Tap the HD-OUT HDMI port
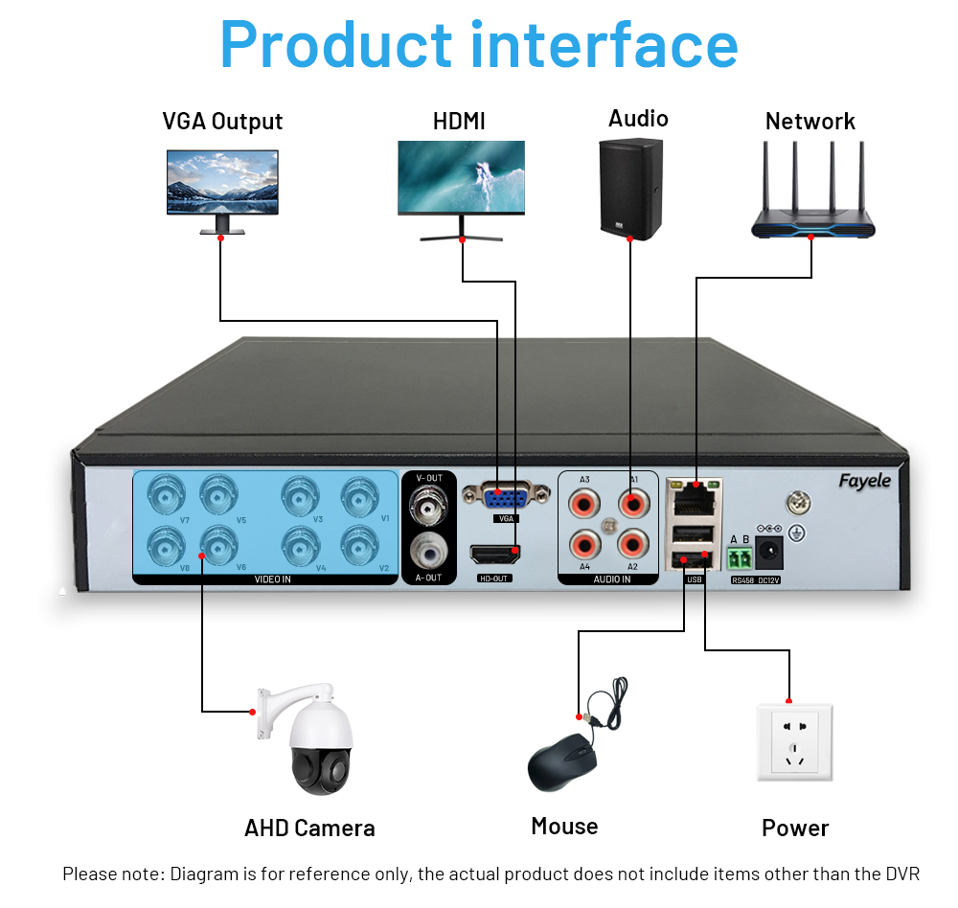pyautogui.click(x=495, y=555)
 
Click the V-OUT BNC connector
pyautogui.click(x=427, y=503)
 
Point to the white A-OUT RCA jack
pyautogui.click(x=427, y=551)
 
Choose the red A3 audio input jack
pyautogui.click(x=583, y=501)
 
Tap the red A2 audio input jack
pyautogui.click(x=629, y=545)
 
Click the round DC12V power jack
pyautogui.click(x=768, y=552)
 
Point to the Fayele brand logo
pyautogui.click(x=864, y=481)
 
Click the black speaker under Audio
pyautogui.click(x=630, y=190)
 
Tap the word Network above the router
pyautogui.click(x=810, y=122)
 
